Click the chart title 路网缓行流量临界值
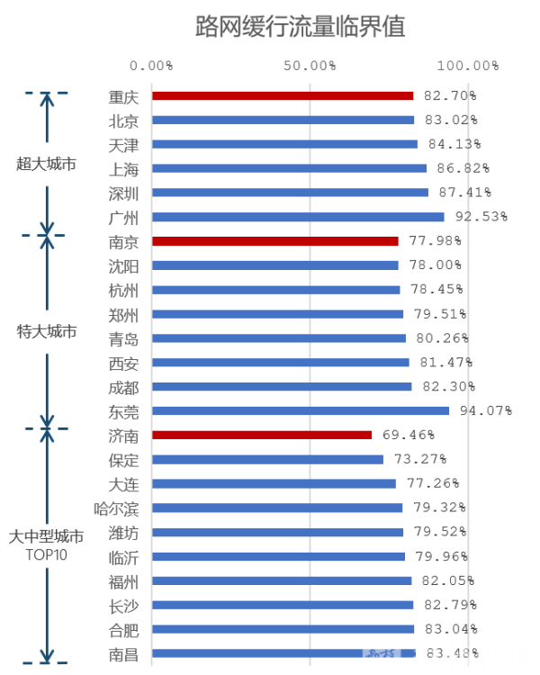click(x=301, y=27)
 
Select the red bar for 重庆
click(x=283, y=95)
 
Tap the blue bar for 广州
click(x=298, y=217)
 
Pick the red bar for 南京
click(x=274, y=241)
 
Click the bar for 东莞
click(x=301, y=411)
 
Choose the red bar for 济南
click(x=262, y=436)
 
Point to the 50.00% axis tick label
click(x=310, y=66)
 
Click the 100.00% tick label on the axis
click(x=468, y=66)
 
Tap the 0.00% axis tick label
click(x=151, y=66)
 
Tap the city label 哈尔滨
click(x=116, y=508)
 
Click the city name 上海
click(x=123, y=168)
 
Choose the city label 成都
click(x=123, y=387)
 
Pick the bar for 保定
click(x=267, y=460)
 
